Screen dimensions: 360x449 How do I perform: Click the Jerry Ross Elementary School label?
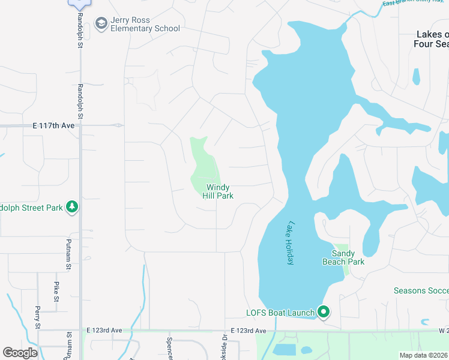point(145,24)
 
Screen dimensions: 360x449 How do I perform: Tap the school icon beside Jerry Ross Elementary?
point(101,24)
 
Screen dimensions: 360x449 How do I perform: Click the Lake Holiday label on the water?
point(290,243)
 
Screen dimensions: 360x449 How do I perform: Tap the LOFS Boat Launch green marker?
point(324,311)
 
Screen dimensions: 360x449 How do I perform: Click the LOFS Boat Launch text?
point(280,313)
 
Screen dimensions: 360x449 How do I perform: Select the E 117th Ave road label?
point(53,126)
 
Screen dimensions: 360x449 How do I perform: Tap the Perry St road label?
point(37,317)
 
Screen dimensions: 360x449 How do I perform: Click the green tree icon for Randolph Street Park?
point(72,208)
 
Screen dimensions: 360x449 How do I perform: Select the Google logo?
point(20,353)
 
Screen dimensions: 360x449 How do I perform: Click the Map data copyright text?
point(424,355)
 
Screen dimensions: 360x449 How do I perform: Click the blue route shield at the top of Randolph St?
point(79,3)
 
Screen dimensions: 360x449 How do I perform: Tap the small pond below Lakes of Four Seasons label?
point(416,77)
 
